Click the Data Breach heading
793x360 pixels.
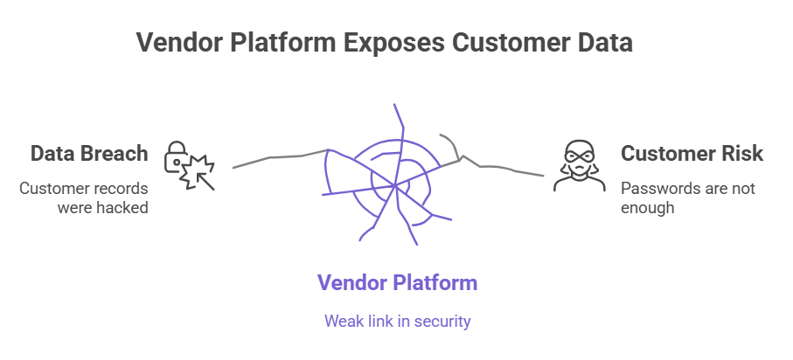click(89, 155)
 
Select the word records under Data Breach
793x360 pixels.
click(120, 188)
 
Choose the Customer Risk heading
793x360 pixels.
click(692, 155)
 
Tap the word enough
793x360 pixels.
click(648, 207)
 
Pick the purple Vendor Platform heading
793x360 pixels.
click(397, 282)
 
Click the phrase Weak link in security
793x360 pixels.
click(397, 321)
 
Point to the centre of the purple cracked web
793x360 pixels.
click(396, 184)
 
